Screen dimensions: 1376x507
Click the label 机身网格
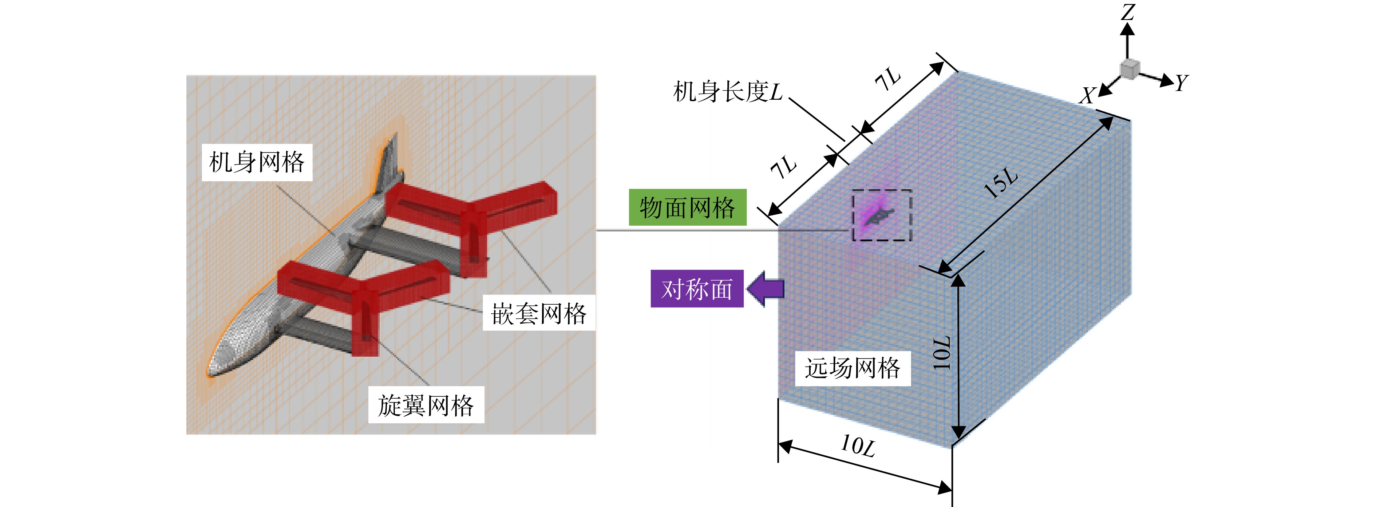click(257, 162)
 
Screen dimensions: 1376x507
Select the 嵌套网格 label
click(539, 313)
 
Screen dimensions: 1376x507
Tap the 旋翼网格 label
click(426, 405)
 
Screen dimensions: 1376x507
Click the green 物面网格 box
click(688, 207)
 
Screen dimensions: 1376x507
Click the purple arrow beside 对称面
click(766, 289)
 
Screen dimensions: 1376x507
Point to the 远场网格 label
click(853, 368)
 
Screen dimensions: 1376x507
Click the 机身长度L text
click(728, 92)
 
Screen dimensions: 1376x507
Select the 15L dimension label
click(1000, 183)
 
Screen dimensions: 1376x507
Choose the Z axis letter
click(1128, 12)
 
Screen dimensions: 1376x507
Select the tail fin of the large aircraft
click(388, 160)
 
